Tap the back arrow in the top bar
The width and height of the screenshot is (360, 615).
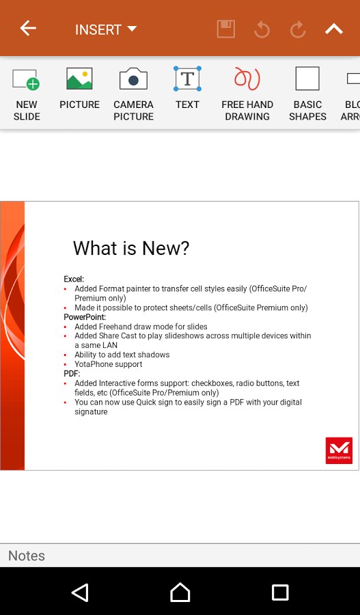[28, 29]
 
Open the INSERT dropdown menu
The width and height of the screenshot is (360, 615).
[106, 29]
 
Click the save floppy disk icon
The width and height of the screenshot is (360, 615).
[226, 29]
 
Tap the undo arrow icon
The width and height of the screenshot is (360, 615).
[262, 29]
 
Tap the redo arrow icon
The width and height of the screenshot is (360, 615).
[297, 29]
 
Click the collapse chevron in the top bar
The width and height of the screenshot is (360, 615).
[333, 29]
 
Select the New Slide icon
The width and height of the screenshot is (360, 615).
[27, 79]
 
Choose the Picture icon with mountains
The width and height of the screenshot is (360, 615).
[79, 79]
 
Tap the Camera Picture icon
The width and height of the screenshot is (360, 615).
[133, 79]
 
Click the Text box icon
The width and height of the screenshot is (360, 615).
[187, 79]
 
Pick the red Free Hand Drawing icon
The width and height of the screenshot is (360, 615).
[247, 79]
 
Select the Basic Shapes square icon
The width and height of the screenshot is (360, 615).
[307, 79]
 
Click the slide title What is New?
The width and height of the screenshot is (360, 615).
[131, 248]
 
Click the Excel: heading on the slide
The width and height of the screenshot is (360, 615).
[74, 279]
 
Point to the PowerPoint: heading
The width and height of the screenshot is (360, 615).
[85, 317]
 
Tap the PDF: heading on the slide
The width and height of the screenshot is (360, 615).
[72, 374]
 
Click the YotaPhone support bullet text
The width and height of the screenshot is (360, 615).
[108, 364]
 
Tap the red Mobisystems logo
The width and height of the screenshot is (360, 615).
[339, 450]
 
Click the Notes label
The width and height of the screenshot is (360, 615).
[27, 556]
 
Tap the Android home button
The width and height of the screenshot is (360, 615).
[180, 592]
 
